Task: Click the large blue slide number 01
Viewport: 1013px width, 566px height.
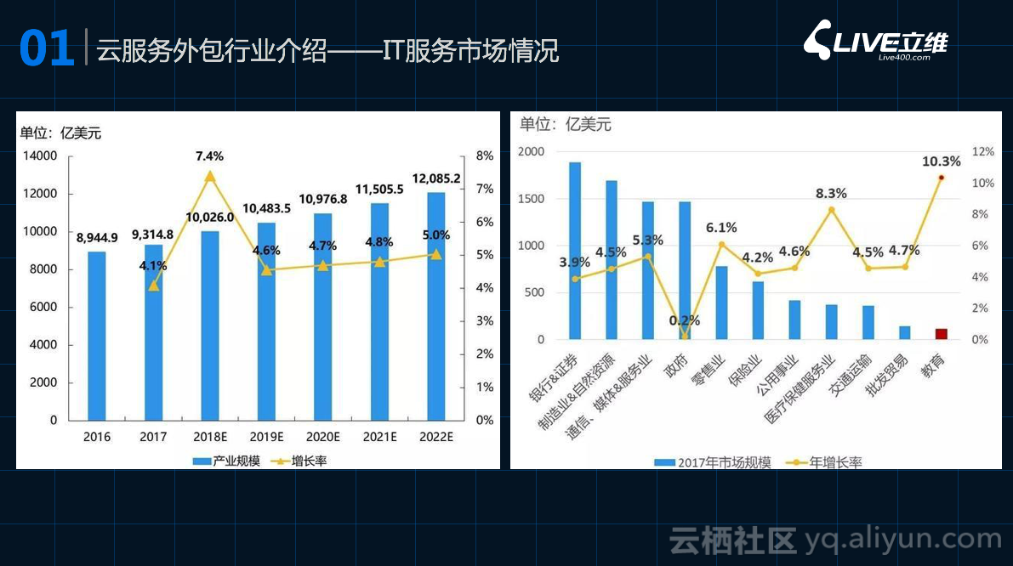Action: tap(47, 49)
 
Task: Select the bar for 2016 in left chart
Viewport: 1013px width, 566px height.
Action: tap(97, 336)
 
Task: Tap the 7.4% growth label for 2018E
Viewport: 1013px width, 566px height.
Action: tap(209, 156)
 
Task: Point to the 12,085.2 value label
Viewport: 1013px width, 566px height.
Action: tap(435, 178)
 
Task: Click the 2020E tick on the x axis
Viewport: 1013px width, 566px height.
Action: tap(323, 437)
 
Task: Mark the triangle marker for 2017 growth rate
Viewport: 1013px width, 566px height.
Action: tap(154, 286)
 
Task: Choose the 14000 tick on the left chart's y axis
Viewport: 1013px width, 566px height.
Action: tap(40, 156)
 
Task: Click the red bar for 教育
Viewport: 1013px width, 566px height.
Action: tap(941, 333)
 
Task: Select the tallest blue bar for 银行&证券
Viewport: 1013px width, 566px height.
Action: tap(575, 251)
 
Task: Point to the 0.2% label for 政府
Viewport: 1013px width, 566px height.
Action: tap(685, 320)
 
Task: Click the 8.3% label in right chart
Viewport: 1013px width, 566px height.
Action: tap(831, 194)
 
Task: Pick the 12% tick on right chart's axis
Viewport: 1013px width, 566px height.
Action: tap(982, 152)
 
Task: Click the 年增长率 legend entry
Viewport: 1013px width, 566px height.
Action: tap(826, 462)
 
